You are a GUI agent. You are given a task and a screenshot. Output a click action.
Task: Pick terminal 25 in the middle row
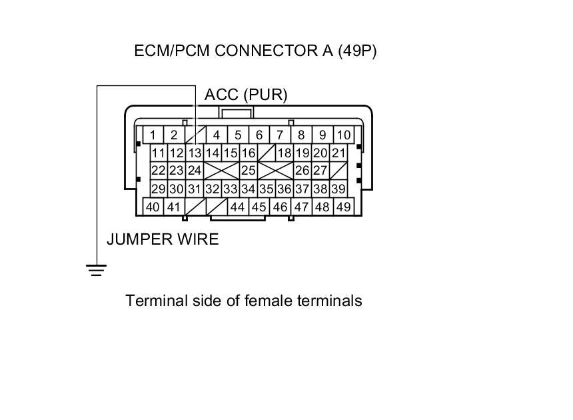[x=248, y=171]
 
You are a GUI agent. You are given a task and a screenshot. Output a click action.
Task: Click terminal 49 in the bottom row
[x=343, y=207]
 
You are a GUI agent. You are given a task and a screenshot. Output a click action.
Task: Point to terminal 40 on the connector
[x=153, y=207]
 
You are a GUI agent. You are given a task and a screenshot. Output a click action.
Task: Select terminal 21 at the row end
[x=338, y=153]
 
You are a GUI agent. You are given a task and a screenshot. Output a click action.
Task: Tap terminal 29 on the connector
[x=158, y=189]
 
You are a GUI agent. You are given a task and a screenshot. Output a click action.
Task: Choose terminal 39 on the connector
[x=338, y=189]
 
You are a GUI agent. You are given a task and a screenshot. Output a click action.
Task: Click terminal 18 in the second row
[x=285, y=153]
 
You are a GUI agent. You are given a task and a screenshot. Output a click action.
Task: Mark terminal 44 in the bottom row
[x=237, y=207]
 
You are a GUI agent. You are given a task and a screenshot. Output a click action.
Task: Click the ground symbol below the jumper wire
[x=97, y=269]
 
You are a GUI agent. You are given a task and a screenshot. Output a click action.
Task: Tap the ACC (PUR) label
[x=246, y=95]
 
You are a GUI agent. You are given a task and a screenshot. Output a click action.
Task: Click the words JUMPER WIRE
[x=163, y=239]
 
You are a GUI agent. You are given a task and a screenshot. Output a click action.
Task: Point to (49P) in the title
[x=357, y=51]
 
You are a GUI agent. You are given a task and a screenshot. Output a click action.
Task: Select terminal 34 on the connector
[x=249, y=189]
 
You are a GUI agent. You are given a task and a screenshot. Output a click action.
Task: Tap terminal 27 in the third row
[x=320, y=171]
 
